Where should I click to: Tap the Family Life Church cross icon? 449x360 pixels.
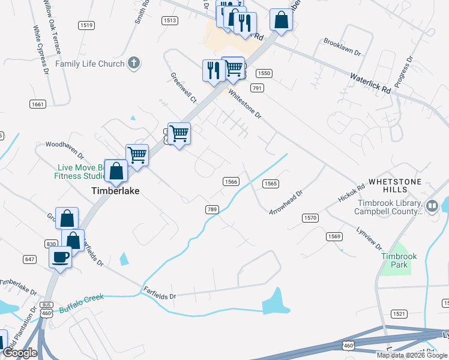click(133, 63)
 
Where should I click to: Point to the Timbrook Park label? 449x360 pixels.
click(394, 260)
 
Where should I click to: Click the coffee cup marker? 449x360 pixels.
click(60, 257)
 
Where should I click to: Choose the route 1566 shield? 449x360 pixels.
click(231, 181)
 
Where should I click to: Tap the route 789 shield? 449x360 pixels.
click(211, 209)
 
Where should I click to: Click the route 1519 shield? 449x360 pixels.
click(86, 25)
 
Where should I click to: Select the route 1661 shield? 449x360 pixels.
click(37, 104)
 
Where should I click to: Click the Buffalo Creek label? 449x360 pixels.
click(82, 303)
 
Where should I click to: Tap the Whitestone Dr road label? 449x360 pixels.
click(245, 104)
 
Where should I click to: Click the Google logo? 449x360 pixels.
click(20, 353)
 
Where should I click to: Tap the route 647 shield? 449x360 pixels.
click(30, 259)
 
